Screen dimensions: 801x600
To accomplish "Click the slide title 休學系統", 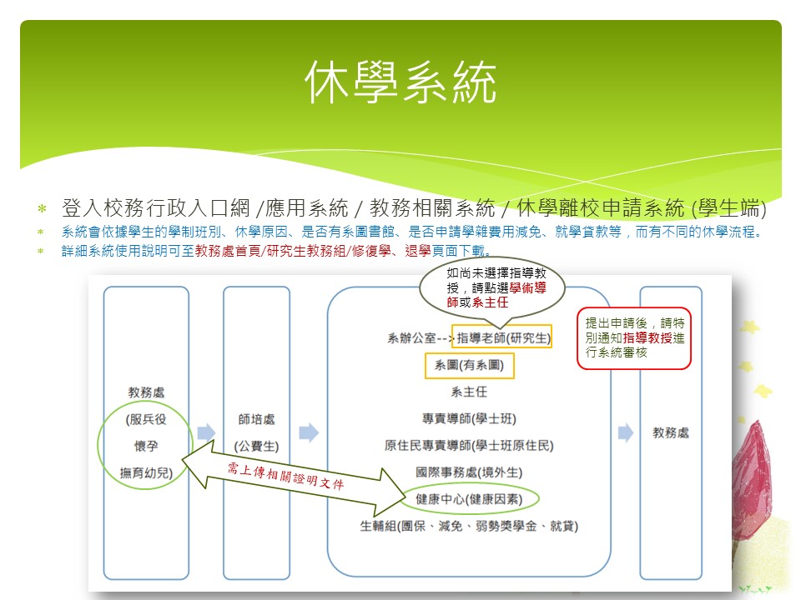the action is (400, 82).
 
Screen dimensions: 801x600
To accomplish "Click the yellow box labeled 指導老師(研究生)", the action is (501, 337).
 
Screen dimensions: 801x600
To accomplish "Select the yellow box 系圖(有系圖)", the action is (470, 365).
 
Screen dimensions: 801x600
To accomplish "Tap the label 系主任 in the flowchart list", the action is (469, 392).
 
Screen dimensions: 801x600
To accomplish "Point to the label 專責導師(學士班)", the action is (469, 419).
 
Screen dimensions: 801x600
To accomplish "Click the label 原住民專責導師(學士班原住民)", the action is (469, 445).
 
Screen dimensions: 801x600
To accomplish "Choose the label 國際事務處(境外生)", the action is (469, 472).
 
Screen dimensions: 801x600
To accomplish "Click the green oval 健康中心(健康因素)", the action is (469, 499).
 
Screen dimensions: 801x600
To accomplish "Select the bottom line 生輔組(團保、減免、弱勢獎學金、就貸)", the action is (469, 526).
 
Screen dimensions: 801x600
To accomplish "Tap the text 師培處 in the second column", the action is (256, 419).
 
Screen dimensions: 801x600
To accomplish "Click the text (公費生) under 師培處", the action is (256, 447).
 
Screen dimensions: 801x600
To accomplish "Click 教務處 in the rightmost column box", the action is (671, 432).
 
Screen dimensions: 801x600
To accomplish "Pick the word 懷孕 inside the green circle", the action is (146, 446).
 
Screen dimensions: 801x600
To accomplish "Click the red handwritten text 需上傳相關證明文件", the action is (286, 476).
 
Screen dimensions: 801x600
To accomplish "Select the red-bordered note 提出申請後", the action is (634, 337).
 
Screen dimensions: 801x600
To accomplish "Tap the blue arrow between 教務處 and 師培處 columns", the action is (206, 432).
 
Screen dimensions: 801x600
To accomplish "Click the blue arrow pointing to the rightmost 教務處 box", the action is (626, 432).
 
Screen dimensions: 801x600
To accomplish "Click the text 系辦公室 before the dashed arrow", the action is (411, 337).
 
